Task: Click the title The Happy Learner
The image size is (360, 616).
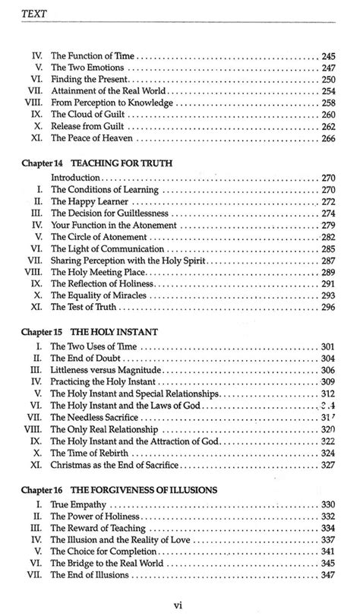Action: click(85, 201)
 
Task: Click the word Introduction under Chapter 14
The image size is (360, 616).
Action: click(75, 178)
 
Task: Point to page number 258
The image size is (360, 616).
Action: click(329, 103)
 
